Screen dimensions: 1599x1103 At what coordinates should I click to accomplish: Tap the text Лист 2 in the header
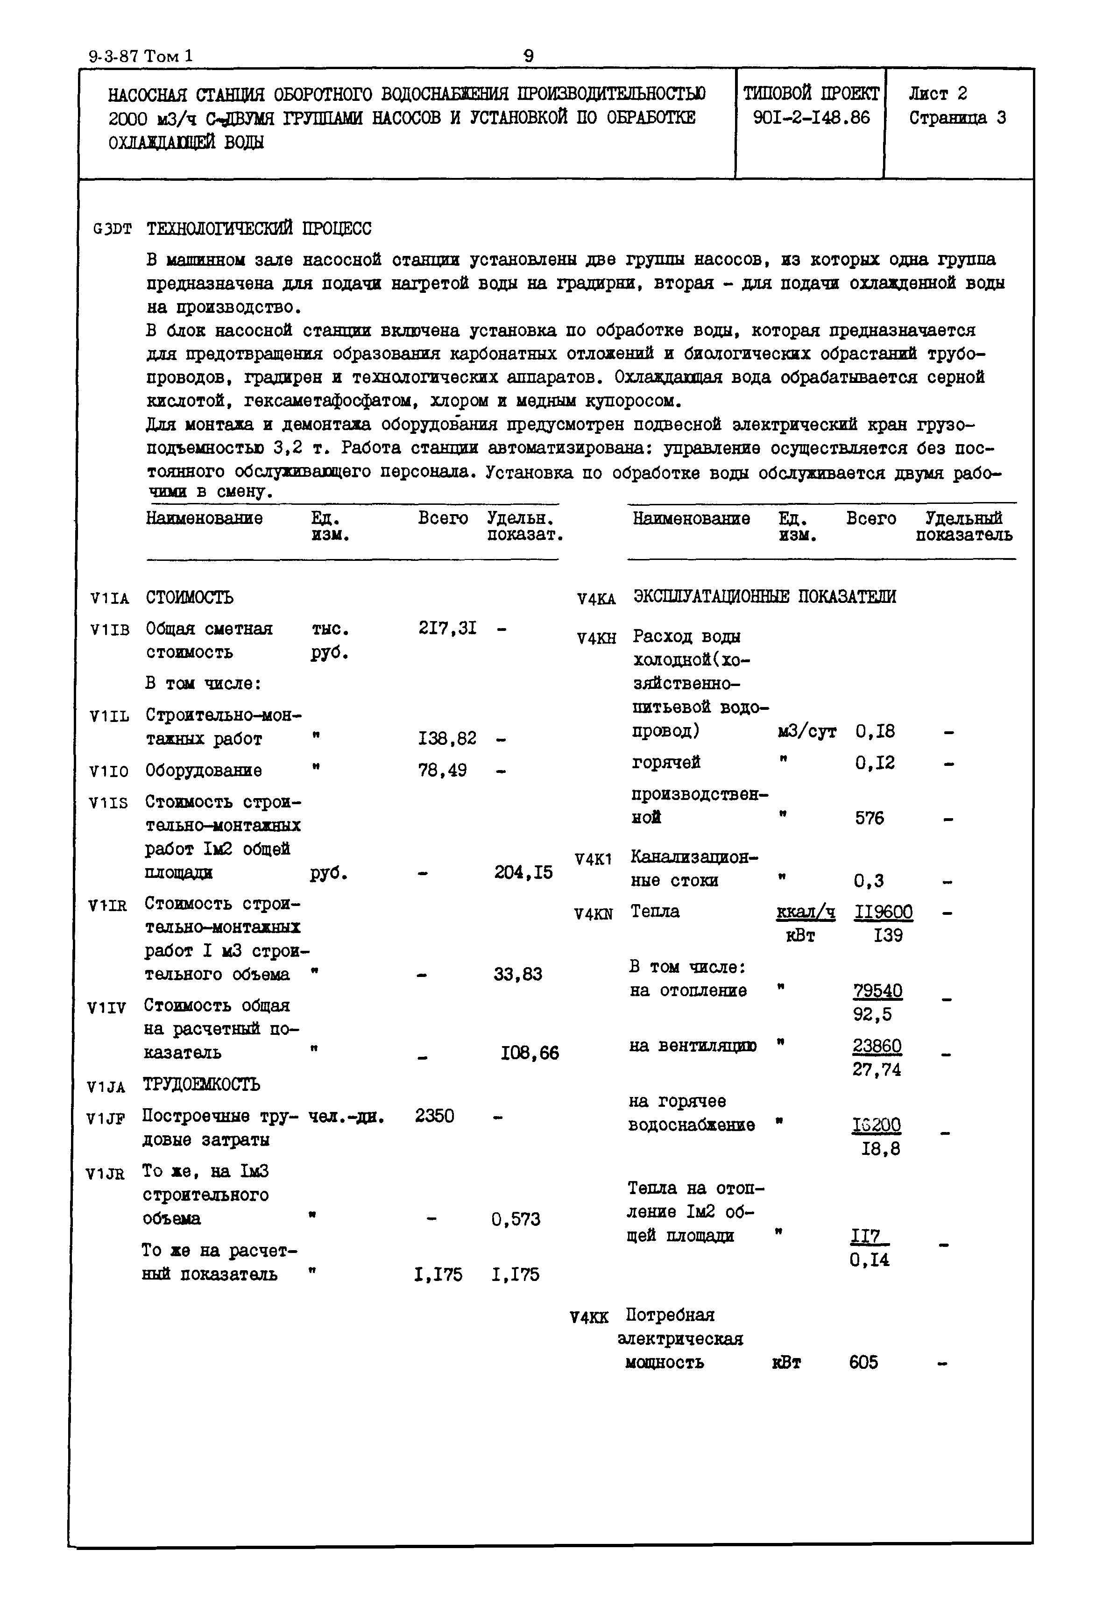[938, 93]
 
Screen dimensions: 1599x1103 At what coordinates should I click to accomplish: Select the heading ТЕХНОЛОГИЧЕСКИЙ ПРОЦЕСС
[259, 228]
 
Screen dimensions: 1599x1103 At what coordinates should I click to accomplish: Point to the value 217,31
[447, 628]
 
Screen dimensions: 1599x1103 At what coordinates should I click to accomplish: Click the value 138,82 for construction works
[447, 738]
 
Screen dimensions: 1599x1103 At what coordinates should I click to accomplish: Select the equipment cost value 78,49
[442, 770]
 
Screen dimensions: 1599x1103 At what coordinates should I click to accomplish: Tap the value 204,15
[523, 872]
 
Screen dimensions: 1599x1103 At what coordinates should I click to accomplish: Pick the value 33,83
[517, 974]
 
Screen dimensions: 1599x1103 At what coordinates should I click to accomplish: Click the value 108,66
[530, 1053]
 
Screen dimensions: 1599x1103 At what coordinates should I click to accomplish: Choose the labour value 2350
[435, 1115]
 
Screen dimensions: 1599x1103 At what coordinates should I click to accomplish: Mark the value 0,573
[516, 1219]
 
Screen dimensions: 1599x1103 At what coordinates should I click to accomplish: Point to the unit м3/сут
[806, 731]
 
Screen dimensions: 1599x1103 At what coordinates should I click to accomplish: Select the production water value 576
[870, 817]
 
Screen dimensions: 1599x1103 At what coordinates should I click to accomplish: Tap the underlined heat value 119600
[883, 912]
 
